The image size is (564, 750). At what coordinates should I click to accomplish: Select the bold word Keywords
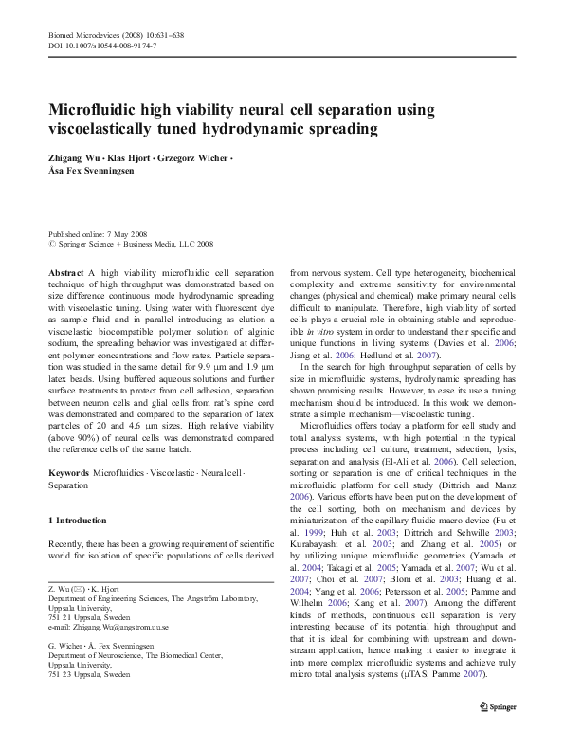68,471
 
